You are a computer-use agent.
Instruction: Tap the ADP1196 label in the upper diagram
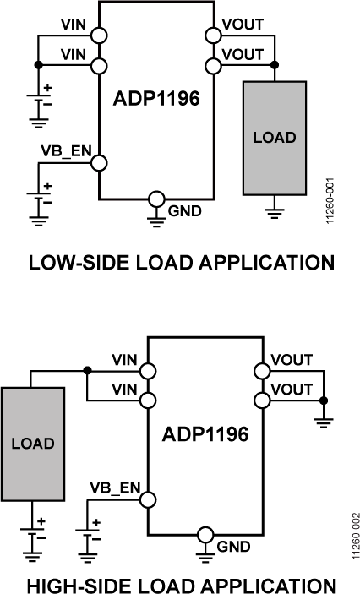pos(156,99)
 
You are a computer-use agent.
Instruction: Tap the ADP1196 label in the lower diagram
pos(206,435)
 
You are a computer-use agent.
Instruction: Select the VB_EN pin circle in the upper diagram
pos(99,163)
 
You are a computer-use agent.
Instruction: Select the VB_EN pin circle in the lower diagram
pos(148,499)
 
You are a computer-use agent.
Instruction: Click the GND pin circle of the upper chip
pos(155,199)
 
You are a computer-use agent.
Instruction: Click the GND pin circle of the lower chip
pos(205,535)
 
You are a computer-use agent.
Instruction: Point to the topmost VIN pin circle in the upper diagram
pos(99,35)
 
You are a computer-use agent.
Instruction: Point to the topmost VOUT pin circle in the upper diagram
pos(212,35)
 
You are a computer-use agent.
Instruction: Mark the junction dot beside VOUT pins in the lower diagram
pos(323,399)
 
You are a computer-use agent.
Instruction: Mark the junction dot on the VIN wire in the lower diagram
pos(88,370)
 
